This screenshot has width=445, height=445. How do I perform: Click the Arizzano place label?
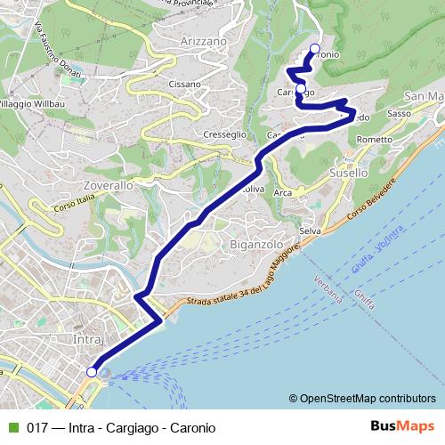(203, 41)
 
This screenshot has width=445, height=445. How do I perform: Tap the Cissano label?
(184, 85)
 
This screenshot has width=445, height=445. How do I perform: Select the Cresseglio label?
(224, 133)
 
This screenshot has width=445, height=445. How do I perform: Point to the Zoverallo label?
(108, 186)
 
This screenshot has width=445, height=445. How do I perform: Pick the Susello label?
(347, 173)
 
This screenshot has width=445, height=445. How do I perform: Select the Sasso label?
(399, 114)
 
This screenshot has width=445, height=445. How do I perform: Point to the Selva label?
(310, 231)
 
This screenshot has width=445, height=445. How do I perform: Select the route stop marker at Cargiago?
(301, 88)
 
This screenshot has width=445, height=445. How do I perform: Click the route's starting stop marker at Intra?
(92, 372)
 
